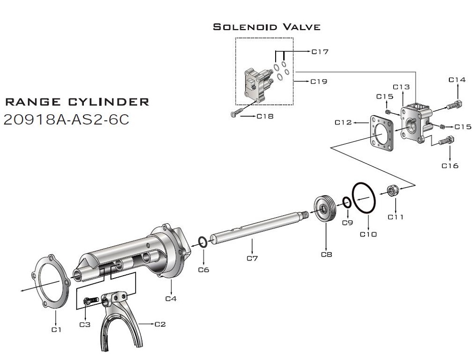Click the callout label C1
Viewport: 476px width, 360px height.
coord(57,329)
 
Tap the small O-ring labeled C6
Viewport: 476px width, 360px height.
coord(203,242)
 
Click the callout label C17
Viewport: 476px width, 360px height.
coord(320,51)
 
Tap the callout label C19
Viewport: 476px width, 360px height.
coord(319,81)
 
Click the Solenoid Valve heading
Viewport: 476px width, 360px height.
coord(267,27)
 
